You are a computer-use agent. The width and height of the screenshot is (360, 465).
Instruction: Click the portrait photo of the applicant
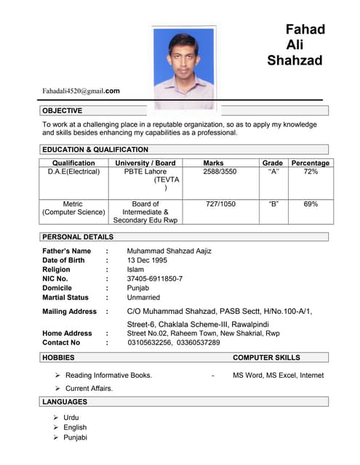point(183,67)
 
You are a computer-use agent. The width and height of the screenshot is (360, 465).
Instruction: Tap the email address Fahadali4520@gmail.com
point(81,91)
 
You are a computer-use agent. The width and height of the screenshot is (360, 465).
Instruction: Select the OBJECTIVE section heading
point(63,110)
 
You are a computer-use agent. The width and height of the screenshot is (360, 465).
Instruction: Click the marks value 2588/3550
point(219,172)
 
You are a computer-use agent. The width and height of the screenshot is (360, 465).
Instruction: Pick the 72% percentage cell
point(311,172)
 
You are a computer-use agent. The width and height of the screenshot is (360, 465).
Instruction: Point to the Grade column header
point(273,163)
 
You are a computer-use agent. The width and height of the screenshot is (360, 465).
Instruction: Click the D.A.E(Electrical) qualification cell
point(73,172)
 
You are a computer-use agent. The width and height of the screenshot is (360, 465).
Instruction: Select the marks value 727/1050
point(220,204)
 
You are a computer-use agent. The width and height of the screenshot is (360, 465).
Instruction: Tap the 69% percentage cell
point(311,204)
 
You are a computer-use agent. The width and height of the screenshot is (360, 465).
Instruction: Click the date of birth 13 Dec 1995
point(147,260)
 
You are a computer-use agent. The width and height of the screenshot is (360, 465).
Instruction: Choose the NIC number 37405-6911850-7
point(155,278)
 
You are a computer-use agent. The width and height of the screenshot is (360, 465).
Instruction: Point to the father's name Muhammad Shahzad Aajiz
point(169,251)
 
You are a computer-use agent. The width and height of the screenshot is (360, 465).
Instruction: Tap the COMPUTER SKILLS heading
point(266,357)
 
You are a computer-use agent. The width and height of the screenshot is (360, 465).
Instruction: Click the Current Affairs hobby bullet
point(89,389)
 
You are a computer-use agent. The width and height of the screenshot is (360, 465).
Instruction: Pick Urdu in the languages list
point(71,418)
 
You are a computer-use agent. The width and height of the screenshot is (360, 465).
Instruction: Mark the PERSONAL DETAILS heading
point(78,237)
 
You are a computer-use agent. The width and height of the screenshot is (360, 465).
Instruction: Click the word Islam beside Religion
point(135,270)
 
